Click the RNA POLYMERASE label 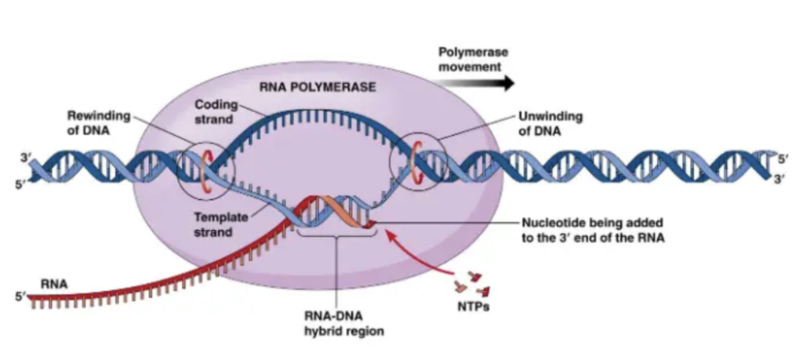(x=317, y=87)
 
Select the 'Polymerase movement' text (x=473, y=60)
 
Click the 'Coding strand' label (x=216, y=111)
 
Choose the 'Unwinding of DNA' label (x=550, y=123)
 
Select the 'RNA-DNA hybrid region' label (x=343, y=324)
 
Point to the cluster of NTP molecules (x=473, y=284)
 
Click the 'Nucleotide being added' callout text (x=593, y=231)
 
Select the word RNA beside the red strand (x=55, y=284)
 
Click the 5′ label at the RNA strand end (x=20, y=296)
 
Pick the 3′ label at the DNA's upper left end (x=25, y=158)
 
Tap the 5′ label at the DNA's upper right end (x=783, y=158)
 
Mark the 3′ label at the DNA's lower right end (x=783, y=180)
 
